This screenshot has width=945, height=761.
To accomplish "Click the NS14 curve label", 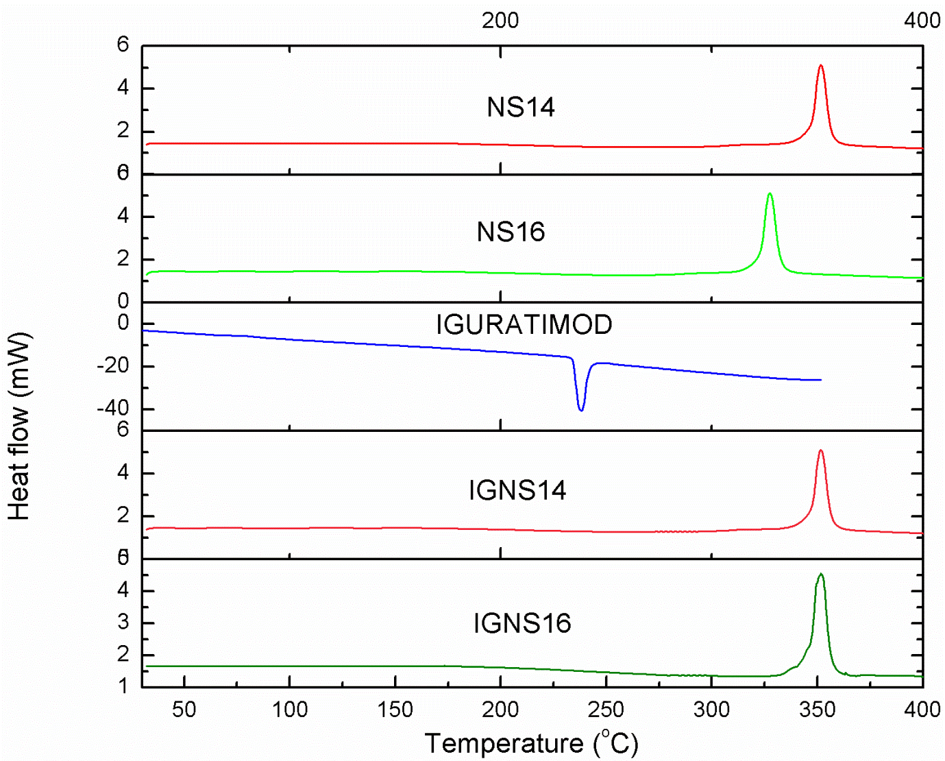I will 521,108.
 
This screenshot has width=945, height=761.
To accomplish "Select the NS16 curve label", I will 511,232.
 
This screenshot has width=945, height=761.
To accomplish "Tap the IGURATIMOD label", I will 524,325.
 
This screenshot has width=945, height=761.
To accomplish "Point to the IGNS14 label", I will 517,491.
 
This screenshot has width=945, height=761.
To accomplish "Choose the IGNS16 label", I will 521,624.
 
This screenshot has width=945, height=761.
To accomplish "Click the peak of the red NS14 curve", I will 820,66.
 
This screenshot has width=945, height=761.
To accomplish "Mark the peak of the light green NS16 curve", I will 770,194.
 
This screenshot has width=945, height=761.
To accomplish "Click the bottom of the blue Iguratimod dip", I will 581,410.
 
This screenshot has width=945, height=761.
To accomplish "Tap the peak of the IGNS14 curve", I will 820,450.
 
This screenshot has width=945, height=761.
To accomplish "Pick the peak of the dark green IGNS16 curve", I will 820,575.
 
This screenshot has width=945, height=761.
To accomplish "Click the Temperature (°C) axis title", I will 531,744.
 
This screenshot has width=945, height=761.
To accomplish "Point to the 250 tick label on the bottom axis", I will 606,710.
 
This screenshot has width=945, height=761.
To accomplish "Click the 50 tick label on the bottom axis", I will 184,710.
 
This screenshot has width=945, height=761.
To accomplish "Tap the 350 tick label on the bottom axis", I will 817,710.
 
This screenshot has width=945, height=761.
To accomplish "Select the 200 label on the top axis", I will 500,21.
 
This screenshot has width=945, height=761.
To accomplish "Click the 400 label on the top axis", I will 922,21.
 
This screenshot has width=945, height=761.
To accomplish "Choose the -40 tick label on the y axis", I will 113,409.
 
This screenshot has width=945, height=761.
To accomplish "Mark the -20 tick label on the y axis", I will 113,366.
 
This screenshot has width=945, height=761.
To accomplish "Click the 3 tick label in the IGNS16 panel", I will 123,623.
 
